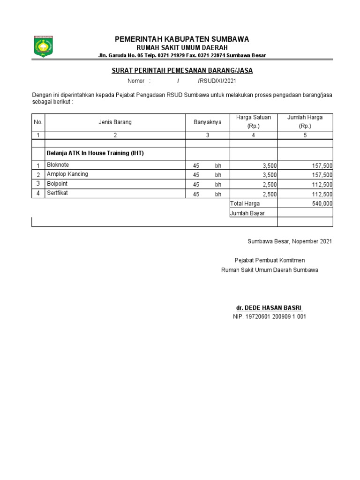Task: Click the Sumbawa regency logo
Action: (43, 46)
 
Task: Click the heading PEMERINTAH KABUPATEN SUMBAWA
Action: (182, 39)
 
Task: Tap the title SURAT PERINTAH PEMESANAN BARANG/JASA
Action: (182, 71)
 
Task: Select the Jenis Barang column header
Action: (115, 122)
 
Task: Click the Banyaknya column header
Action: (208, 122)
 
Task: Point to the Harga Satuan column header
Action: (253, 122)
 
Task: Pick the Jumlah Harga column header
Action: (305, 122)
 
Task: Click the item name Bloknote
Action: (58, 165)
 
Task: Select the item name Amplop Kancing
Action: (67, 174)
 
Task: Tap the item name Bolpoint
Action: (57, 184)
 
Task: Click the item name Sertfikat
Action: (57, 193)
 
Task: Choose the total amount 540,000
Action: (322, 204)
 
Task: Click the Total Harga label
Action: (245, 204)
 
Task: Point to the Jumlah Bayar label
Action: (247, 213)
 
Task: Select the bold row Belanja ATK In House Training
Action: (95, 153)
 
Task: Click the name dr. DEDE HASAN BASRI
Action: (269, 308)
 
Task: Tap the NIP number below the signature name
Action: (269, 317)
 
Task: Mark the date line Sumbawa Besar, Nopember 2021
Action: (290, 241)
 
